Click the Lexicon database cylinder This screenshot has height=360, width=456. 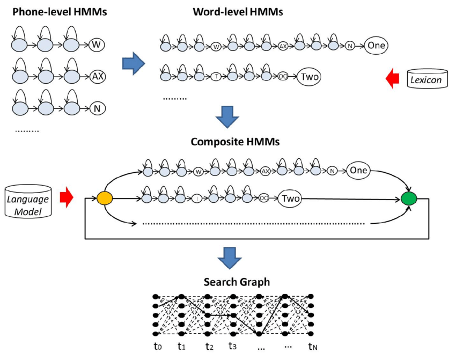[426, 79]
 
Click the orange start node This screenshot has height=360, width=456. [104, 199]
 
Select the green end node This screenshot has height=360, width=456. [409, 199]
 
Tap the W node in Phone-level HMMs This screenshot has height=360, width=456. [97, 45]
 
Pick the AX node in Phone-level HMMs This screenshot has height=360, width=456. [97, 76]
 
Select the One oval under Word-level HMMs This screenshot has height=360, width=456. [376, 46]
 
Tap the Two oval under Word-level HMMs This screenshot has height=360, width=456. [310, 77]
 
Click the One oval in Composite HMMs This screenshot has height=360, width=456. [357, 171]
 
